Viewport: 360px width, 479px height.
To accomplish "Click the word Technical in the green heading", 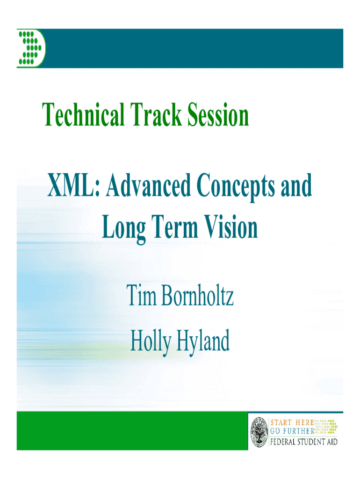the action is [83, 115].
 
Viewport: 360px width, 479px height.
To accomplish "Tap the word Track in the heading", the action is [156, 115].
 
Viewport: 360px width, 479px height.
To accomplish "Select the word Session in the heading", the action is [218, 115].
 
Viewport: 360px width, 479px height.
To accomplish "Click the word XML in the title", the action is [73, 185].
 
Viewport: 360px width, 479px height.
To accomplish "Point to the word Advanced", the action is [148, 185].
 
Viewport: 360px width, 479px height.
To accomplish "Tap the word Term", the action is [175, 227].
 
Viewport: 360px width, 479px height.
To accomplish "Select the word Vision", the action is [231, 227].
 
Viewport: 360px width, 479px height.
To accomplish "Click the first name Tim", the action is [141, 295].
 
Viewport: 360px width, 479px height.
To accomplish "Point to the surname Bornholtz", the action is [198, 295].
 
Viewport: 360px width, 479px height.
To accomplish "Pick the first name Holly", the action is [151, 341].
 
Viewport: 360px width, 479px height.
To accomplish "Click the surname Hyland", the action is [203, 341].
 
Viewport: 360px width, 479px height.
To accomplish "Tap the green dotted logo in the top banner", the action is [31, 48].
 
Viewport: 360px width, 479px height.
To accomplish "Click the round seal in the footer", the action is [259, 432].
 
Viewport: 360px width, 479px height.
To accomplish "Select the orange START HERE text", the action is [292, 422].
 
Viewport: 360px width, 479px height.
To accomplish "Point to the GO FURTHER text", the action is [292, 431].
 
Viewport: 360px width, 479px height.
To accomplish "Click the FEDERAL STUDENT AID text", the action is [304, 442].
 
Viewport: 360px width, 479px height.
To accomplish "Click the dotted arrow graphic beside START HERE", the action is [326, 427].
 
